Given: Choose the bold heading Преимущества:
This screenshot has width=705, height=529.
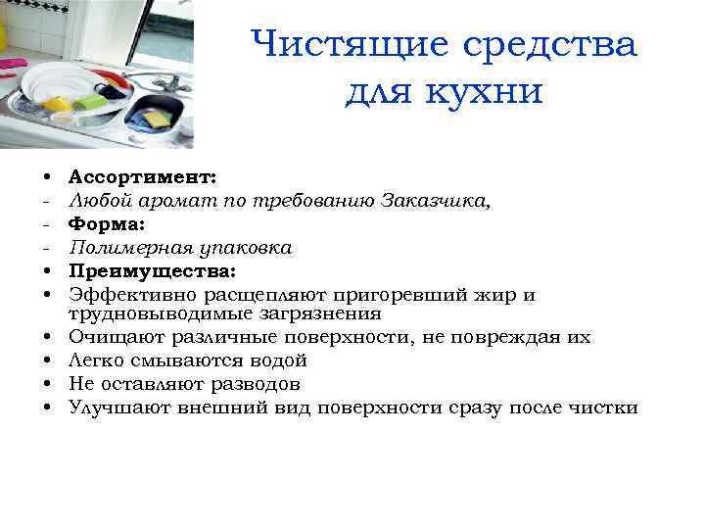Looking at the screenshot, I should [152, 269].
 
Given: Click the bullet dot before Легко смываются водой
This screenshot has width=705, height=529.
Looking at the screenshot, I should [47, 361].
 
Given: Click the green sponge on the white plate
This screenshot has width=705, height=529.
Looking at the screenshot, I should [88, 101].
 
